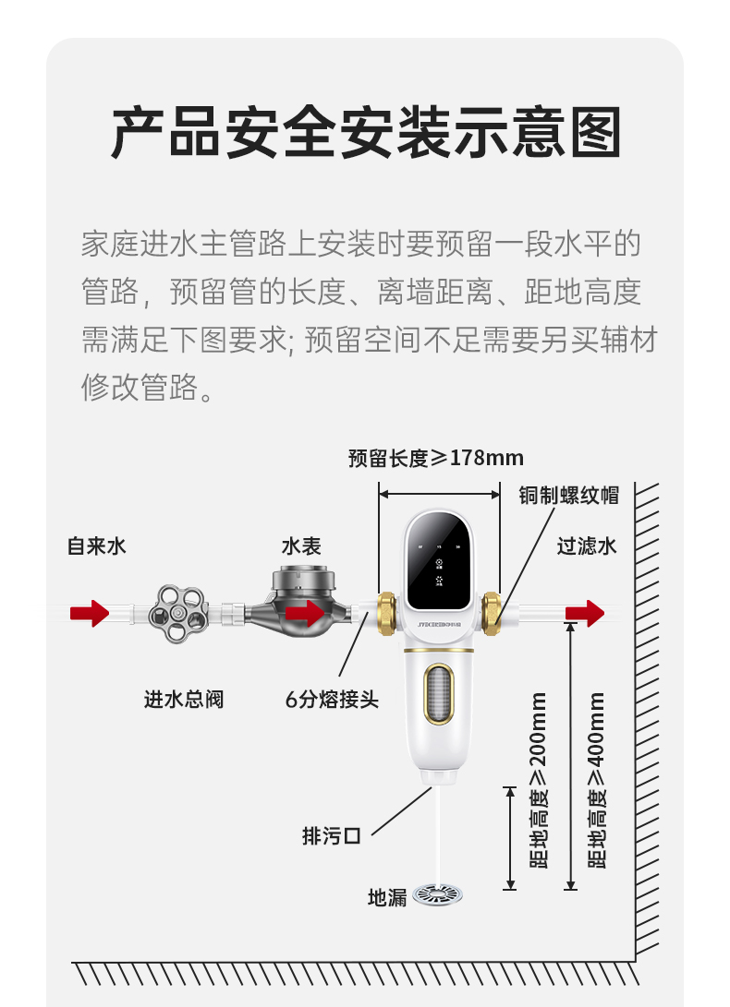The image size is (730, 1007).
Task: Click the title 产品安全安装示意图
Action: point(366,132)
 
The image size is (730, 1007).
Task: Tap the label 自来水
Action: point(96,545)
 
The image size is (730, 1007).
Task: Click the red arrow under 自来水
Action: point(90,613)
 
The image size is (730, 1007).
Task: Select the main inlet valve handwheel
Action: point(178,614)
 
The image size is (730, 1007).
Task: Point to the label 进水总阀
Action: point(184,699)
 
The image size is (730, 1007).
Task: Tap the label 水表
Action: point(301,545)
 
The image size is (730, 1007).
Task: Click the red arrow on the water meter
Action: point(306,613)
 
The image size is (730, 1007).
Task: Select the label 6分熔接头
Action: point(332,699)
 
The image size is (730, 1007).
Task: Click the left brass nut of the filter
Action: point(386,614)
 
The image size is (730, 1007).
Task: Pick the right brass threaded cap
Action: point(492,614)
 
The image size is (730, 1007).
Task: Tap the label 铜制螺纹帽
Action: point(568,495)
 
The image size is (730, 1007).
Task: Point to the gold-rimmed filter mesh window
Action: point(439,693)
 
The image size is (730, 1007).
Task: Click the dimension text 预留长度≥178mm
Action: point(436,458)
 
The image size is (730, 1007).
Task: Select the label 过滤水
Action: point(587,545)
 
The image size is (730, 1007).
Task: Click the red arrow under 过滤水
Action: point(585,613)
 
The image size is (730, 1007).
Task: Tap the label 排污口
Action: point(332,835)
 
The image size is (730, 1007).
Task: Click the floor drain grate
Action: point(437,894)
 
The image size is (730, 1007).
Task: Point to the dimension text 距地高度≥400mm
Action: point(597,780)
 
